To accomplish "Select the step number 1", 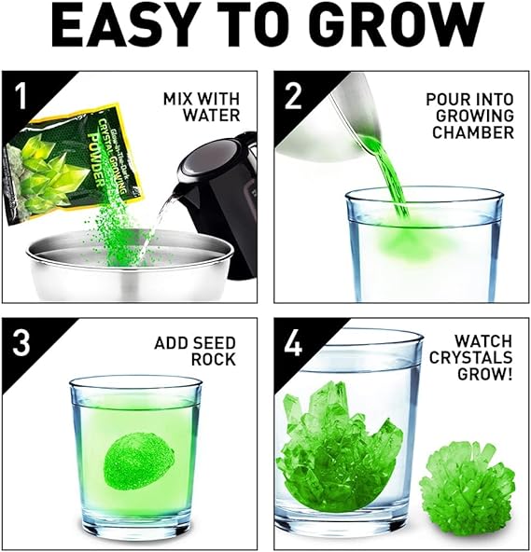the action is point(21,96).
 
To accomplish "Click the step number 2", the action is point(293,96).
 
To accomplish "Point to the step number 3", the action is point(21,343).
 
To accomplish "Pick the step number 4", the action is point(293,343).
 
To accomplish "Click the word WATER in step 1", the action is point(211,115).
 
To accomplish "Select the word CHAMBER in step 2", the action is point(473,132).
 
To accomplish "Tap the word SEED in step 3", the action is point(215,343).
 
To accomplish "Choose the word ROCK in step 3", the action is point(214,359).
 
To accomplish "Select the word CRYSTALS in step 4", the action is point(470,358).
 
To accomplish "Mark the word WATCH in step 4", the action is point(483,340).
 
